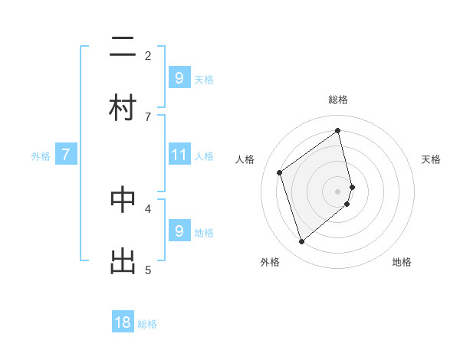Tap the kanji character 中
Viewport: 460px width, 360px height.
click(123, 199)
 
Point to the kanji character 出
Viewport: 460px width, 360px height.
click(123, 260)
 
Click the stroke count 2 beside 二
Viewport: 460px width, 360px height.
click(148, 55)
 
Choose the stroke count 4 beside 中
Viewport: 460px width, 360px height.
click(148, 208)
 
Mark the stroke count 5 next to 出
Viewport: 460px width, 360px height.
click(148, 269)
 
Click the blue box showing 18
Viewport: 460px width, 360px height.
click(123, 322)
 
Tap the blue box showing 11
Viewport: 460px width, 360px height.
click(179, 155)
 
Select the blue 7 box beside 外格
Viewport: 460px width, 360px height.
click(66, 155)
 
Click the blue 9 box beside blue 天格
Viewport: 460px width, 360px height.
click(179, 77)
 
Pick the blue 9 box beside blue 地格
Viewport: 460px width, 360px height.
click(179, 231)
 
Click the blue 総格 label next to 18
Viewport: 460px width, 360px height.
click(147, 324)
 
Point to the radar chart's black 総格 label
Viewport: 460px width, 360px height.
click(338, 100)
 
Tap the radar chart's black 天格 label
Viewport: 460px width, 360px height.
click(431, 159)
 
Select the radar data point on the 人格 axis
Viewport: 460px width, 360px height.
click(280, 172)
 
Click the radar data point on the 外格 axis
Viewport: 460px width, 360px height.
click(301, 242)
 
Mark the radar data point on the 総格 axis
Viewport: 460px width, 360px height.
click(338, 130)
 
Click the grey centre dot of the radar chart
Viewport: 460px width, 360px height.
click(338, 191)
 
